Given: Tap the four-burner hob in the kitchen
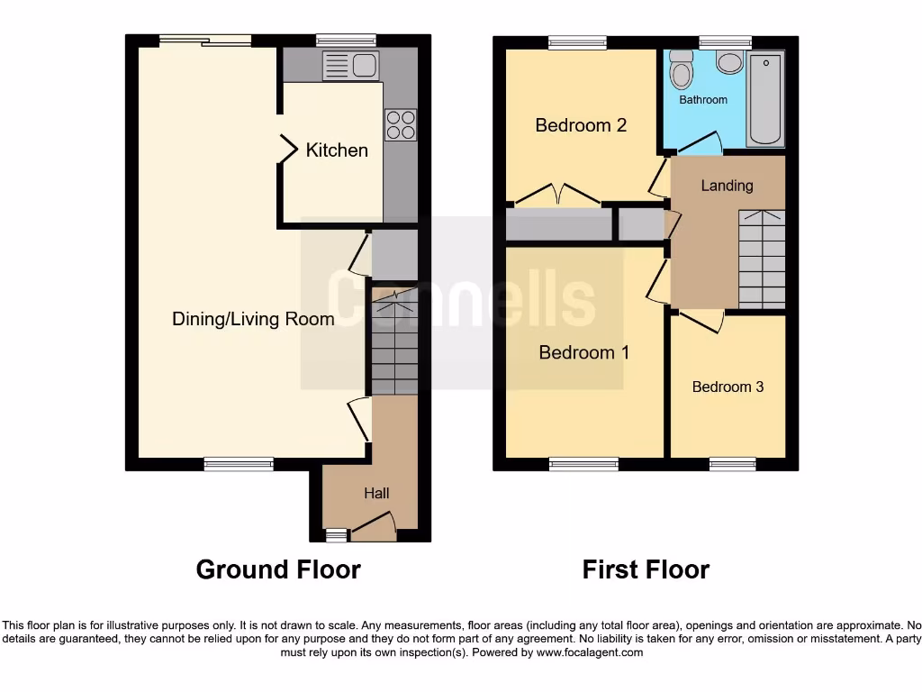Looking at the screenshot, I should [401, 124].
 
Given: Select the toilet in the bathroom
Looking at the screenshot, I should [681, 70].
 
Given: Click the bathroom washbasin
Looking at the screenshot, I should [729, 62].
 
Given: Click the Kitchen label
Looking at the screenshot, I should [337, 150].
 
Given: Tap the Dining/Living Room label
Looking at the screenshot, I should [253, 319].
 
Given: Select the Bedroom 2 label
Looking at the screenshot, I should [581, 125].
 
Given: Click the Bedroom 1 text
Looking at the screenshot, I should [583, 352].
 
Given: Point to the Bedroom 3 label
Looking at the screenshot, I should [728, 387].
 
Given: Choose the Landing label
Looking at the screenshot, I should [727, 186].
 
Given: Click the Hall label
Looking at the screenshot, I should [376, 493].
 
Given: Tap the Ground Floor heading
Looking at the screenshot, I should [278, 569].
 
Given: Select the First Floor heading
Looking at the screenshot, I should [646, 569].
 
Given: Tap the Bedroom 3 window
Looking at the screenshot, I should [732, 464].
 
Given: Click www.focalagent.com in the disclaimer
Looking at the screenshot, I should [590, 652].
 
